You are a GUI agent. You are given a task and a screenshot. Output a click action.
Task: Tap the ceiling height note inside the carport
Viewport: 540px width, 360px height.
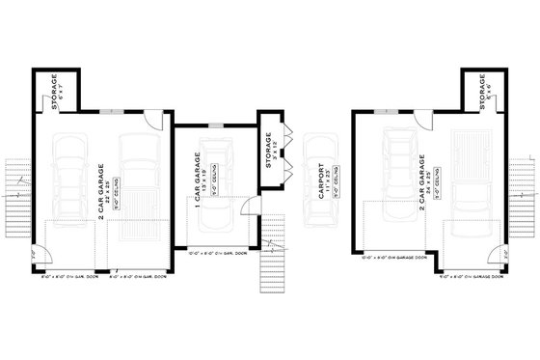click(x=334, y=191)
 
